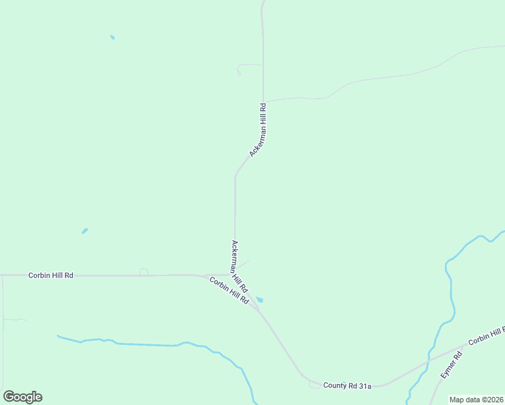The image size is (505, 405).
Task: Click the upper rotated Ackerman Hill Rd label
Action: (259, 130)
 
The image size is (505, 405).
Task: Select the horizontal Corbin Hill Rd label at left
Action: (51, 275)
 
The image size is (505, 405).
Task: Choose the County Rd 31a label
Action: (347, 385)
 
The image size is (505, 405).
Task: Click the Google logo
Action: (22, 397)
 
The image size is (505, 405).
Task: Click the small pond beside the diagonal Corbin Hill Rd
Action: (260, 300)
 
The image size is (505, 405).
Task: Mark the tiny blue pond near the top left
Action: (112, 37)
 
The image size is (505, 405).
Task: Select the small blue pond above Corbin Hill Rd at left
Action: (84, 231)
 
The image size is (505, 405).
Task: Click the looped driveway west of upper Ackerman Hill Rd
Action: (241, 69)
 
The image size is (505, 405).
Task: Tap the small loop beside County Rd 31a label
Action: (315, 385)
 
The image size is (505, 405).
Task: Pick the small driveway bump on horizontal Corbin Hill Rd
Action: (144, 271)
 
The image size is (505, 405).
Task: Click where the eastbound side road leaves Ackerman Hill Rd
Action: (263, 102)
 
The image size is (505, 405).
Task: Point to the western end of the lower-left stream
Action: (59, 336)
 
